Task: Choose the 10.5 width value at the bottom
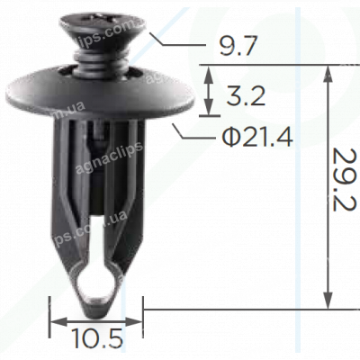[x=96, y=339]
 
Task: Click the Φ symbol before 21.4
[x=229, y=138]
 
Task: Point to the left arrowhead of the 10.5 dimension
[x=54, y=320]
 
